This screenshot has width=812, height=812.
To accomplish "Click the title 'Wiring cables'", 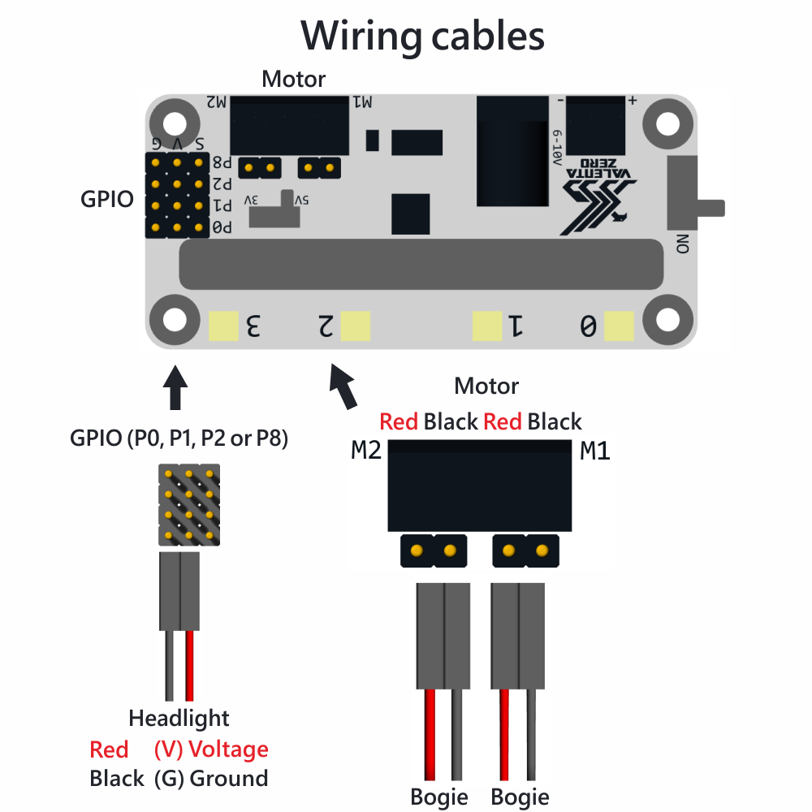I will coord(422,36).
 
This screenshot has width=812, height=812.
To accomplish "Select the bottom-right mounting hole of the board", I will coord(668,319).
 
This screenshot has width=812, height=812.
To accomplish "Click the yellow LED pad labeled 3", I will coord(223,326).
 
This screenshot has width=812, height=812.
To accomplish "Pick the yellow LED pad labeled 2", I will coord(356,326).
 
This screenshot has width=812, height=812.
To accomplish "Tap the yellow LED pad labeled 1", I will coord(487,326).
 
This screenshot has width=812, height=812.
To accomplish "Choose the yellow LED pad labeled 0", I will coord(619,326).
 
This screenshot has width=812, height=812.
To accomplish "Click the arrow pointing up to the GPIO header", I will coord(175,388).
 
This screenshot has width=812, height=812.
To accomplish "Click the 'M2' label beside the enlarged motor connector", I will coord(366,451).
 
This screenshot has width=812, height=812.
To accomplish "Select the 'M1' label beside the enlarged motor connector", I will coord(595,451).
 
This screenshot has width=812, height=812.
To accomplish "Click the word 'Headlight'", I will coord(179,719).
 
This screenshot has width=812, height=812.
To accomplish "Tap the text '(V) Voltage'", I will coord(211,749).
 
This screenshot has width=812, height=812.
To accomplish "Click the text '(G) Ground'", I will coord(211,779).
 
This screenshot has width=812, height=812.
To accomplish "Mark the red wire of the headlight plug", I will coord(190,666).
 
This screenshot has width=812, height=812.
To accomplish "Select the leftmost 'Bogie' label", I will coord(439,797).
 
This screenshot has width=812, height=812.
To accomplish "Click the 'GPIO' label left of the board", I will coord(107,199).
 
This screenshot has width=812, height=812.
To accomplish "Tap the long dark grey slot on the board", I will coord(422,265).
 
